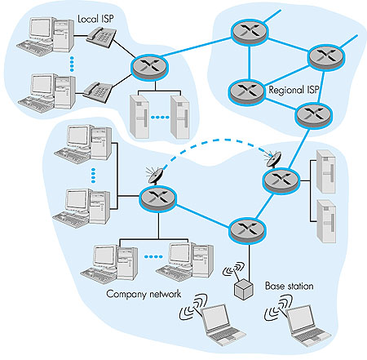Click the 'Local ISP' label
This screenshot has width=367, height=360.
click(x=95, y=19)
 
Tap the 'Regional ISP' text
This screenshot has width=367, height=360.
click(x=294, y=90)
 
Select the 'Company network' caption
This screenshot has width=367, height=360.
click(x=144, y=294)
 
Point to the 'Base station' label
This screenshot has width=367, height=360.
click(x=290, y=286)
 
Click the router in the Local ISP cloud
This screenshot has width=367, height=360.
click(x=149, y=68)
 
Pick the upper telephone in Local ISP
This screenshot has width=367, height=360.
click(x=101, y=38)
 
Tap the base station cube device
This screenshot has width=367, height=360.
click(x=244, y=289)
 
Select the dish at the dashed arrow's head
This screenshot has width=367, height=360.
click(x=274, y=159)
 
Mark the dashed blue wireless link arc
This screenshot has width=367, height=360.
click(x=218, y=140)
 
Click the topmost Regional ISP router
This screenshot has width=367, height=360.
click(x=250, y=31)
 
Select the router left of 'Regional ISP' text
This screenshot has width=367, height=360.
click(x=247, y=91)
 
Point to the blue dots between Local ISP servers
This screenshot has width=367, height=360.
click(x=160, y=118)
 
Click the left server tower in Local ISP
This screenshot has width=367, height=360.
click(x=139, y=117)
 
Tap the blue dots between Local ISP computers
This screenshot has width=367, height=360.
click(x=72, y=64)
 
